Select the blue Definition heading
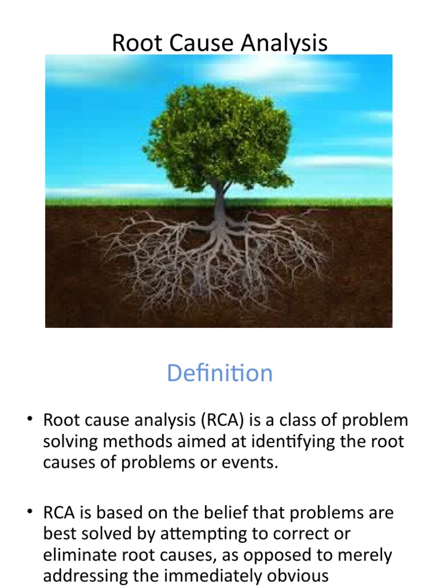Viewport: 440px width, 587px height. click(x=220, y=374)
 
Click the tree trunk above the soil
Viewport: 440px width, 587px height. click(x=220, y=198)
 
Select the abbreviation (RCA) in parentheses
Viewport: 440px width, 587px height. click(x=223, y=421)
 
